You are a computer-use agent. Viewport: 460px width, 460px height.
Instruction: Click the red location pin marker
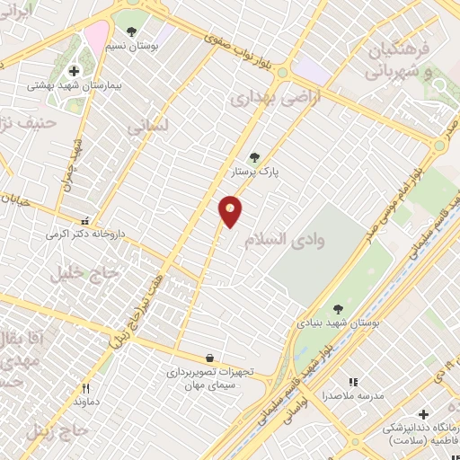[x=231, y=210]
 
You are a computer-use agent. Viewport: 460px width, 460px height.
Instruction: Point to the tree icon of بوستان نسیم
[x=131, y=31]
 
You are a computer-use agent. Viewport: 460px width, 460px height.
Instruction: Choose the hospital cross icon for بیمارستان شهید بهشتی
[x=74, y=71]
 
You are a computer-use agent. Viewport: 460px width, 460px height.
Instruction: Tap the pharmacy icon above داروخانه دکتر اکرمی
[x=85, y=220]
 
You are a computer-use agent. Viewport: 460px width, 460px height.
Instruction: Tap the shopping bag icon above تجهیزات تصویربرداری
[x=209, y=358]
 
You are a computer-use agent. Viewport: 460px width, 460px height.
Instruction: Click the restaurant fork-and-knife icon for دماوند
[x=86, y=389]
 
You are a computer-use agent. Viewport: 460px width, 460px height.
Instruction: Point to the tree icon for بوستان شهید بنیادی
[x=338, y=309]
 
